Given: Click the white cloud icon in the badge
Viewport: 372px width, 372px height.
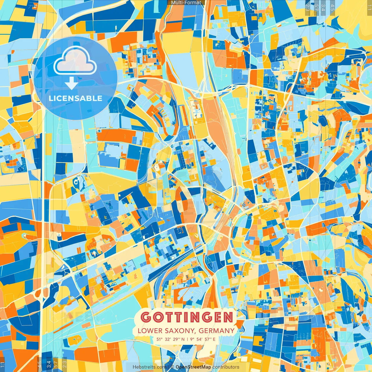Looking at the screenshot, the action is (75, 62).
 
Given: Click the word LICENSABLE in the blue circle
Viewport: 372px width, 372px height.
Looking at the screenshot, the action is (76, 98).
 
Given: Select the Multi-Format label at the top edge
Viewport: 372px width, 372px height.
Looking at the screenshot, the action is (186, 3).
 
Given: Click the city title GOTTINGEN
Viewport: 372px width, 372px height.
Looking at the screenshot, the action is (187, 317).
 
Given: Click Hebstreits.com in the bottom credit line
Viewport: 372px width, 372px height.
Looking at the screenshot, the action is (149, 367).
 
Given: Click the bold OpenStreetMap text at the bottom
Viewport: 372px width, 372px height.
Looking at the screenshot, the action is (193, 367).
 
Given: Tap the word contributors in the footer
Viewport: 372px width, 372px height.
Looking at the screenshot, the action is (226, 367).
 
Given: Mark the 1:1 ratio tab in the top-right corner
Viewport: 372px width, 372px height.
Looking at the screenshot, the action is (369, 6).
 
